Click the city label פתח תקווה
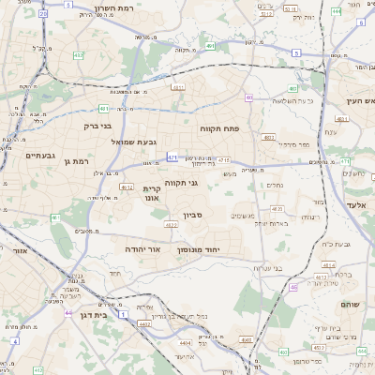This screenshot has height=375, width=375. (x=220, y=127)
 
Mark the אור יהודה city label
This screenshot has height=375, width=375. (x=143, y=250)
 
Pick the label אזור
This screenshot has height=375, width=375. (x=18, y=251)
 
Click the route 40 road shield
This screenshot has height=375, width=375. (x=249, y=97)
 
